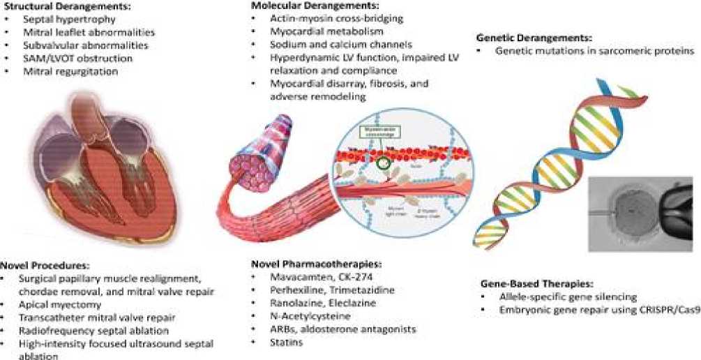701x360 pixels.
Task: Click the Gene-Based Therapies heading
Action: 536,284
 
